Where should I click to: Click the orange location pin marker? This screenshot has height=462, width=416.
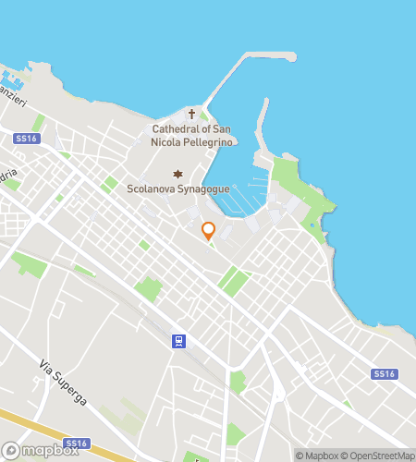pyautogui.click(x=208, y=230)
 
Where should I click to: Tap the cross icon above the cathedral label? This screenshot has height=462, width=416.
pyautogui.click(x=192, y=115)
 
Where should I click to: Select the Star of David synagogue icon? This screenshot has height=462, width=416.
pyautogui.click(x=177, y=175)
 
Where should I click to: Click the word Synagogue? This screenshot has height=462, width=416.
pyautogui.click(x=205, y=190)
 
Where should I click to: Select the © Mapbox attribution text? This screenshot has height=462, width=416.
pyautogui.click(x=317, y=455)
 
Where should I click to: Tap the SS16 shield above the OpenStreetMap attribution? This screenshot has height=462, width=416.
pyautogui.click(x=384, y=374)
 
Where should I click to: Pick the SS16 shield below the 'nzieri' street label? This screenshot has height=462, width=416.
pyautogui.click(x=26, y=137)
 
